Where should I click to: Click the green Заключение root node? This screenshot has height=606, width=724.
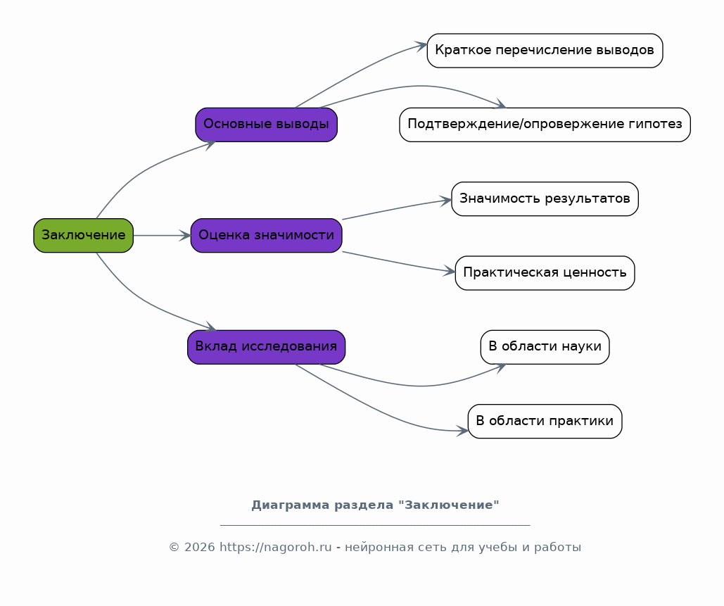pyautogui.click(x=83, y=235)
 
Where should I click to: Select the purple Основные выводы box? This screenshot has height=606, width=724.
pyautogui.click(x=266, y=125)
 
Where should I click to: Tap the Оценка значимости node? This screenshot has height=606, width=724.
pyautogui.click(x=266, y=235)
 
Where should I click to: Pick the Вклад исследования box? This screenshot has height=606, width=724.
pyautogui.click(x=266, y=347)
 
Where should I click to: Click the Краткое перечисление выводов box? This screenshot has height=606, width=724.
pyautogui.click(x=545, y=51)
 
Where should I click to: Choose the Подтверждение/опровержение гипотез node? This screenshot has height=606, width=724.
pyautogui.click(x=545, y=125)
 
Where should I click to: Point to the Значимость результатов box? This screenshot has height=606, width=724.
pyautogui.click(x=545, y=199)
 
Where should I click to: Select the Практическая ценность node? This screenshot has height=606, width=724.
pyautogui.click(x=545, y=273)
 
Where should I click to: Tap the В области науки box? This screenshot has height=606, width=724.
pyautogui.click(x=545, y=347)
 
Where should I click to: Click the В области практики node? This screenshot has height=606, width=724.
pyautogui.click(x=545, y=421)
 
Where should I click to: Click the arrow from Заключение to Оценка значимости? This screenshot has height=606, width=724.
pyautogui.click(x=162, y=235)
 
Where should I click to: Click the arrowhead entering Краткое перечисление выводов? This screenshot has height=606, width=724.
pyautogui.click(x=421, y=46)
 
